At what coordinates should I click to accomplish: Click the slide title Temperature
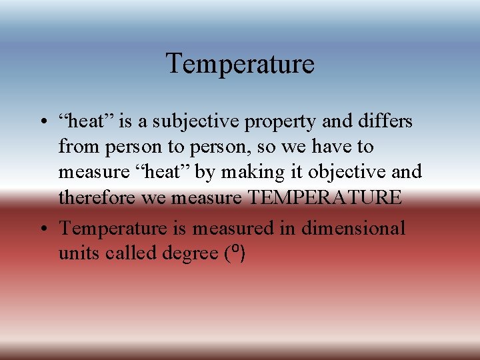click(240, 64)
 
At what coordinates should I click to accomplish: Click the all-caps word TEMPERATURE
click(325, 197)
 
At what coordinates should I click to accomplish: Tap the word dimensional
click(353, 228)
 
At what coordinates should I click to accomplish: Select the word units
click(75, 253)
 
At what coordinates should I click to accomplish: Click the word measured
click(233, 228)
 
